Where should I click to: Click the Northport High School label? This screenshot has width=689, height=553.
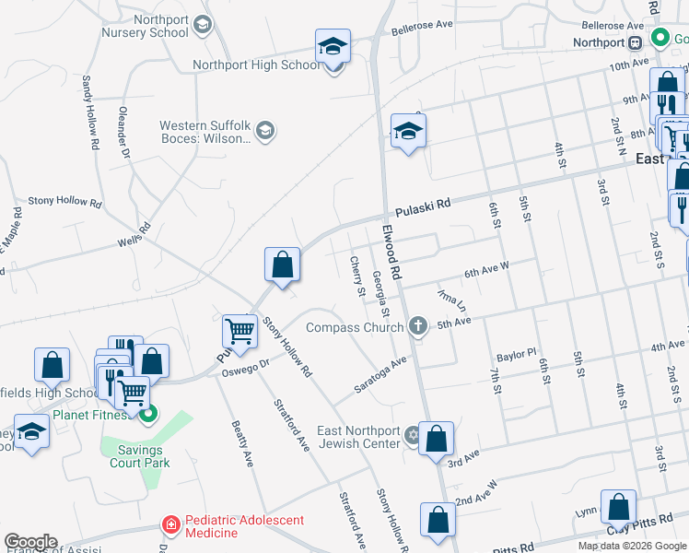tap(256, 65)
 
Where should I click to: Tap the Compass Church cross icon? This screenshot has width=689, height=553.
tap(419, 325)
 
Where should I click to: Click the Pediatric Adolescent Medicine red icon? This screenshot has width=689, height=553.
tap(170, 525)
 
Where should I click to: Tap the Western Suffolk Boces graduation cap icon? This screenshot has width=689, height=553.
tap(265, 131)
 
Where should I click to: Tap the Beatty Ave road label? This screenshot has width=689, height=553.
tap(241, 442)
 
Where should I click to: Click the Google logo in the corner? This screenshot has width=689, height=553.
tap(30, 542)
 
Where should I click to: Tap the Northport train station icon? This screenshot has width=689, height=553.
tap(635, 42)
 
